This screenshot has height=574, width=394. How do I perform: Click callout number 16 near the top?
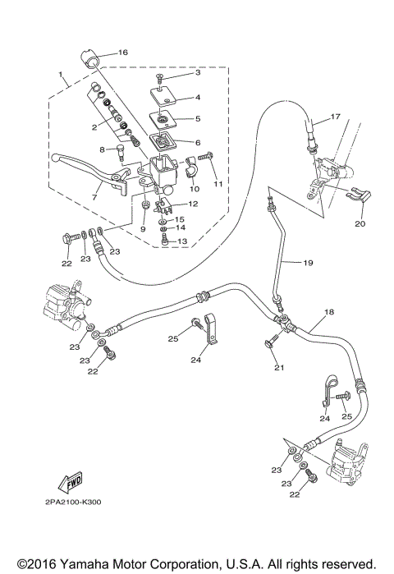(x=123, y=53)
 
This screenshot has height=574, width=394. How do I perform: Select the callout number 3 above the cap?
(x=198, y=74)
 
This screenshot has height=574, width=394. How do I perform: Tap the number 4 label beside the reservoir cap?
(x=198, y=97)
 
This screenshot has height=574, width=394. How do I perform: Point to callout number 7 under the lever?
(x=94, y=198)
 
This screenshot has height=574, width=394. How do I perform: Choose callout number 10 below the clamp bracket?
(x=195, y=189)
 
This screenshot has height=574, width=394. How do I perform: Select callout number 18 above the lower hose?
(x=329, y=313)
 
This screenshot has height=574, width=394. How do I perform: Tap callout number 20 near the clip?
(x=358, y=223)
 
